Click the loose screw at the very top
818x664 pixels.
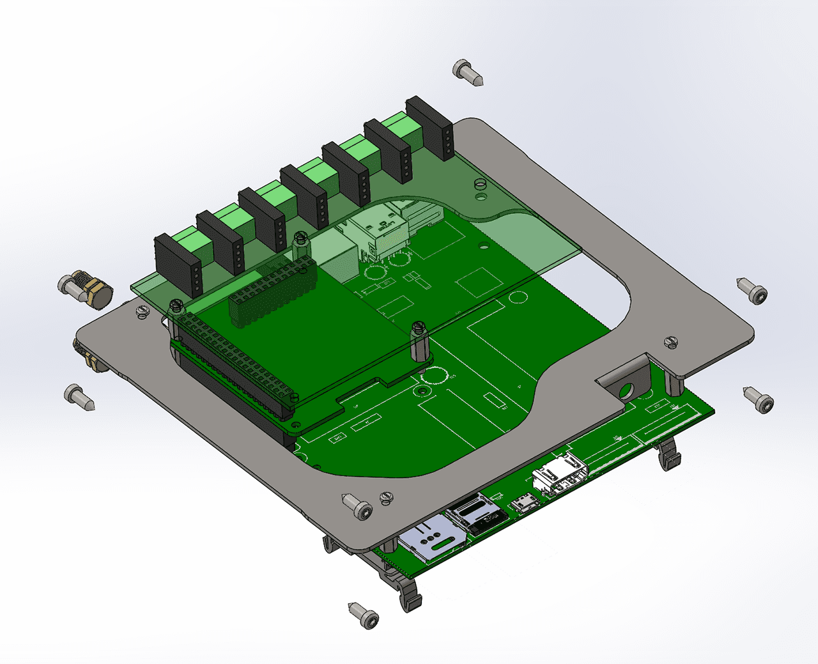(x=467, y=72)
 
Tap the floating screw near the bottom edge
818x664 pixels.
(x=364, y=615)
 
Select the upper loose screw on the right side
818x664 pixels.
(x=752, y=290)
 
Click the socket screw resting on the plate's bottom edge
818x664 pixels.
(x=357, y=506)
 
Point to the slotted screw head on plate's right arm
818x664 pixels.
(x=670, y=342)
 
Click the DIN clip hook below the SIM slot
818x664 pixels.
(x=410, y=594)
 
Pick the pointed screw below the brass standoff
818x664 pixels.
(x=79, y=396)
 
